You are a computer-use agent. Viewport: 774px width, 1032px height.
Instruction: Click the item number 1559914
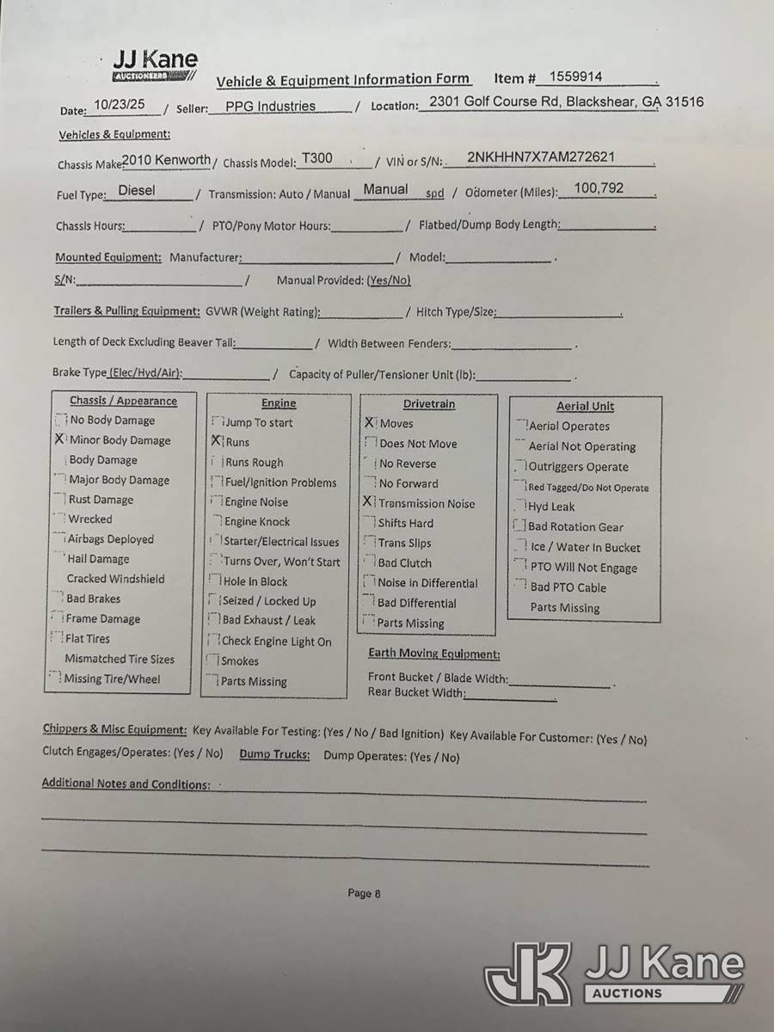(x=575, y=77)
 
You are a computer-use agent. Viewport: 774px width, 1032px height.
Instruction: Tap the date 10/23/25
(x=120, y=105)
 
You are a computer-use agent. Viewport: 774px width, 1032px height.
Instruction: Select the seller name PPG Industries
(x=270, y=107)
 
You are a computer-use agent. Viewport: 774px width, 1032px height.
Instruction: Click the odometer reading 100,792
(x=599, y=187)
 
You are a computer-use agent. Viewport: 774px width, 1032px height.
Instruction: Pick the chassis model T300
(x=316, y=159)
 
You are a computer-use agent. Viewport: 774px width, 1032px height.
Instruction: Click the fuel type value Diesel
(x=137, y=190)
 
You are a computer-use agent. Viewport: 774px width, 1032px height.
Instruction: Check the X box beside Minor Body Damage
(x=59, y=439)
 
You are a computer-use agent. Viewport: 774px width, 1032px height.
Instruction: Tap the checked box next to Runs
(x=217, y=441)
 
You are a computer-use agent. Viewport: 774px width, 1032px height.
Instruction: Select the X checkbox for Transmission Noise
(x=369, y=502)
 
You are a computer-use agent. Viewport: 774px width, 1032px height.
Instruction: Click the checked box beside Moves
(x=370, y=422)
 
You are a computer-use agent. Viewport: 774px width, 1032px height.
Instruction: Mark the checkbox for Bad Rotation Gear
(x=519, y=525)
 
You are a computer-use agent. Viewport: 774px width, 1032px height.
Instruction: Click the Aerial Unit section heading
(x=585, y=406)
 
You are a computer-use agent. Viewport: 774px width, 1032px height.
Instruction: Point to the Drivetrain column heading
(x=429, y=403)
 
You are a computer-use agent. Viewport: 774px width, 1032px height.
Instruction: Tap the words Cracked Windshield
(x=115, y=579)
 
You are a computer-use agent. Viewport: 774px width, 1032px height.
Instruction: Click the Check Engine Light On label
(x=276, y=641)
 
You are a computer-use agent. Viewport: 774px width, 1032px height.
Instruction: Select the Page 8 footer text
(x=364, y=893)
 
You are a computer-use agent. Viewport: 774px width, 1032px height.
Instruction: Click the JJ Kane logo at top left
(x=155, y=64)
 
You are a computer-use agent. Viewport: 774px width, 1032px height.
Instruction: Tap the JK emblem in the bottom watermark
(x=528, y=974)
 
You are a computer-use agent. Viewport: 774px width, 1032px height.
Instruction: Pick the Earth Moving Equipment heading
(x=433, y=654)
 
